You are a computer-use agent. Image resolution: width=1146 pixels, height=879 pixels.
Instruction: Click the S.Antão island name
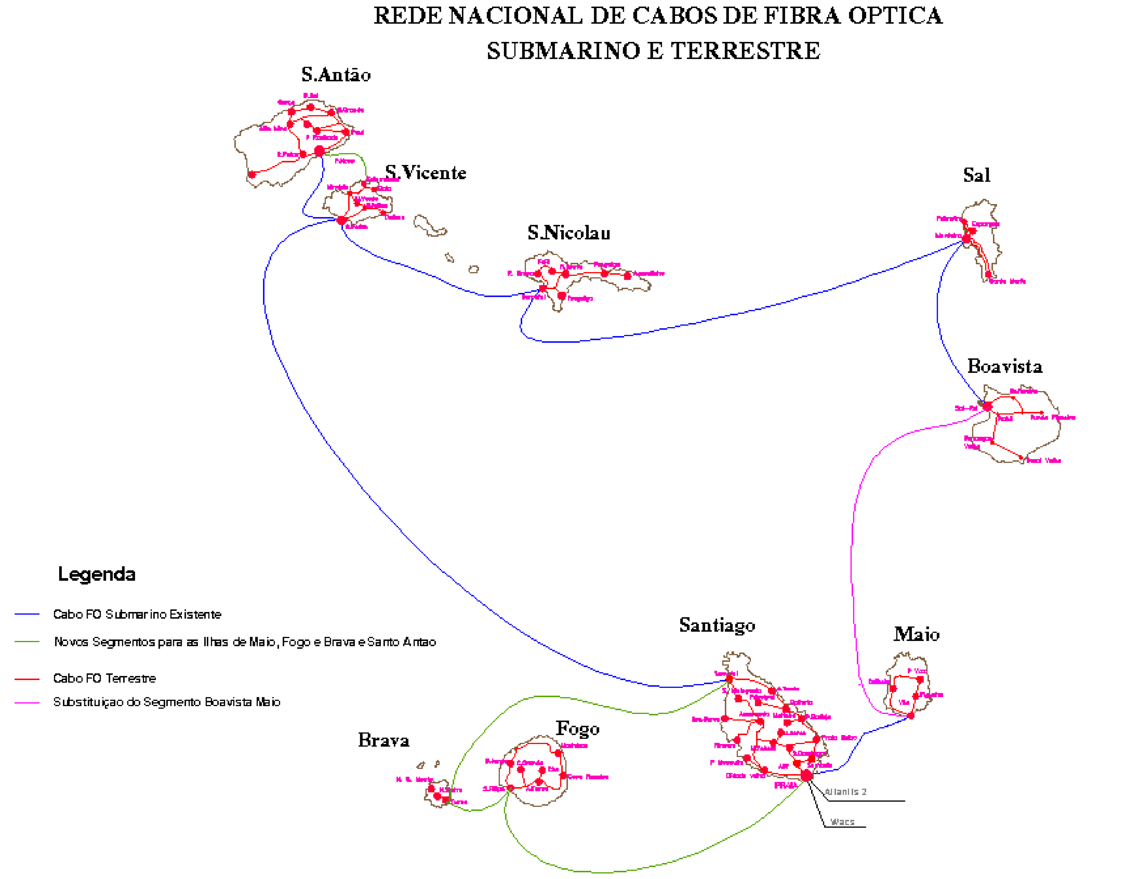click(x=336, y=75)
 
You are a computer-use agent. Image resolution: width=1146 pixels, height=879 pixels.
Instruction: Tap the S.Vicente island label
click(x=425, y=173)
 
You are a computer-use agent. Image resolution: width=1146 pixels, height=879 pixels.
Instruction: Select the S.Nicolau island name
click(x=569, y=233)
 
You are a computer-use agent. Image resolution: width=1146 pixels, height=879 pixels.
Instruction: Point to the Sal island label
click(x=976, y=175)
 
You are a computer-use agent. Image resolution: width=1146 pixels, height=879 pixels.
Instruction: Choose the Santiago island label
click(x=717, y=625)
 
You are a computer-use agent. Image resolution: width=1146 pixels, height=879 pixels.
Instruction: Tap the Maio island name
click(x=916, y=634)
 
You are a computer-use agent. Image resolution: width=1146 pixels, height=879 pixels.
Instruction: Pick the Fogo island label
click(x=578, y=728)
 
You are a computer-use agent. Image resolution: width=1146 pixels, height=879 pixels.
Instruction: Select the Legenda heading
click(x=97, y=574)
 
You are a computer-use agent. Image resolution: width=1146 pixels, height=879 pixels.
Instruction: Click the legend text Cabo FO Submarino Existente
click(x=137, y=614)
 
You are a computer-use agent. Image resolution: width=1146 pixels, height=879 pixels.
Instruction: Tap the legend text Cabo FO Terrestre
click(x=105, y=679)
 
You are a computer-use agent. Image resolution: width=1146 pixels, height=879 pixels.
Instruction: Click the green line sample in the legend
click(x=27, y=642)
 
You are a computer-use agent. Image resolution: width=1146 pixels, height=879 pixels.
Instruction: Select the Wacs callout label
click(x=843, y=822)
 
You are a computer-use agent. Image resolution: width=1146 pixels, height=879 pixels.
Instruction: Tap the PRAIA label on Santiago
click(x=786, y=785)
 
